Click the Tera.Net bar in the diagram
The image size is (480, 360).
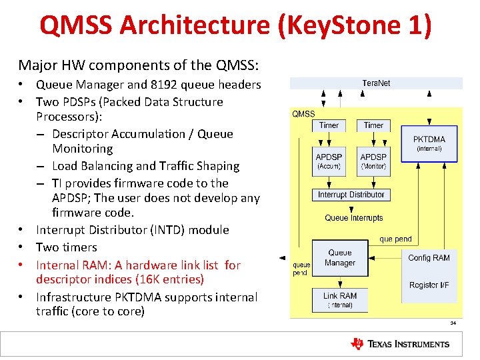coord(376,83)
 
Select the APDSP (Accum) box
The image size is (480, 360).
coord(329,161)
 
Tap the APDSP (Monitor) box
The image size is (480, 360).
coord(373,161)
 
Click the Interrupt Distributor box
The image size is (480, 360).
coord(351,195)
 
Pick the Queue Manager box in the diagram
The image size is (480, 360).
coord(340,258)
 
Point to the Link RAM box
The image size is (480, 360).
coord(340,300)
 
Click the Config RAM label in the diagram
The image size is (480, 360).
coord(429,258)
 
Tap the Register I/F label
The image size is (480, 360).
coord(429,285)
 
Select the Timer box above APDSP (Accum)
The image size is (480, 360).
coord(329,125)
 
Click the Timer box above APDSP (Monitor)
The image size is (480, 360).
coord(373,125)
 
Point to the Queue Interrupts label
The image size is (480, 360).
coord(354,218)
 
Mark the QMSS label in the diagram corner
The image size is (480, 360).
coord(304,114)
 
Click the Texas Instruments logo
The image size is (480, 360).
coord(400,344)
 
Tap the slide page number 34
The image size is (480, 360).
coord(453,323)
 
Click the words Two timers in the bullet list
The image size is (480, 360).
coord(67,247)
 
